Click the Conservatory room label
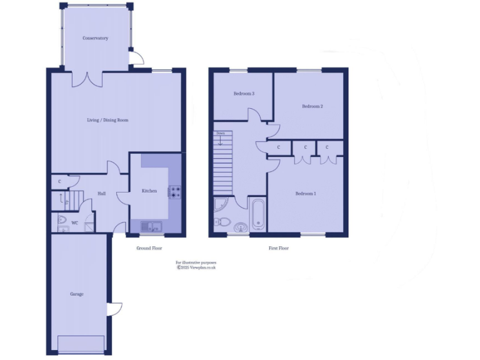[x=96, y=38]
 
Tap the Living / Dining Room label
[x=107, y=120]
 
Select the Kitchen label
[x=149, y=191]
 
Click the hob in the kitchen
[x=174, y=192]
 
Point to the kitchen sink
[x=151, y=226]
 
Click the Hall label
[x=101, y=194]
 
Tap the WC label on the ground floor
[x=74, y=222]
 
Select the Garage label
[x=76, y=294]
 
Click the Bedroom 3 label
[x=244, y=94]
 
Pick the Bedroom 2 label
[x=312, y=106]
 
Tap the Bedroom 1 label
[x=306, y=194]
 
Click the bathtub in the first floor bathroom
[x=257, y=216]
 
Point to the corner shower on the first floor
[x=221, y=204]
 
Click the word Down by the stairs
[x=220, y=133]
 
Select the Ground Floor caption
[x=149, y=248]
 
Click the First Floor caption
[x=279, y=248]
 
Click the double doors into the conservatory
[x=87, y=79]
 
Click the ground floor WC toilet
[x=61, y=220]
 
